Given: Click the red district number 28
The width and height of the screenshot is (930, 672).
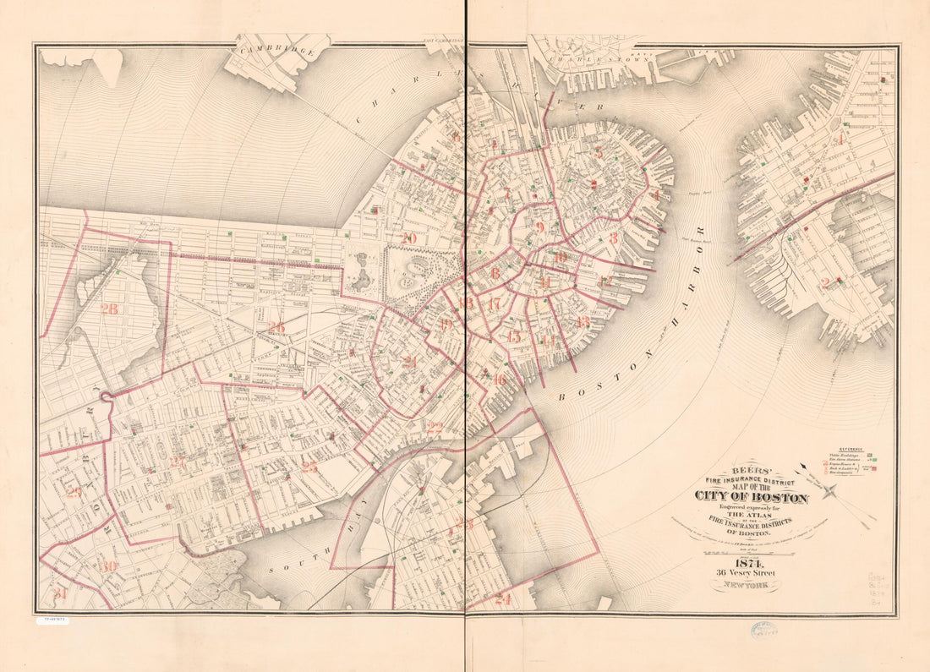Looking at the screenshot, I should pyautogui.click(x=109, y=309).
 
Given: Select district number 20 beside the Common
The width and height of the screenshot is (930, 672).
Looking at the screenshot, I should pyautogui.click(x=409, y=238).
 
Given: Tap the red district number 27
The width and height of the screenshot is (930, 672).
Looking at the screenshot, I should pyautogui.click(x=178, y=462).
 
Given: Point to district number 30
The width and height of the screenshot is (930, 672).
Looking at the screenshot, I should pyautogui.click(x=107, y=566).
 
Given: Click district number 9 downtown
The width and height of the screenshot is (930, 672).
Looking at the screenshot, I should pyautogui.click(x=539, y=227).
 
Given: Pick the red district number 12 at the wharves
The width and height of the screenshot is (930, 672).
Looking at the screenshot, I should pyautogui.click(x=604, y=281).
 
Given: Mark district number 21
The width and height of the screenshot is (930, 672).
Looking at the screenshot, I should pyautogui.click(x=410, y=362).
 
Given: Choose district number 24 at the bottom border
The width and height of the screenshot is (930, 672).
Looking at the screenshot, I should pyautogui.click(x=503, y=599).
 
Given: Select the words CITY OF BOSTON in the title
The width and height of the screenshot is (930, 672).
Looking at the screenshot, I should pyautogui.click(x=752, y=496).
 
